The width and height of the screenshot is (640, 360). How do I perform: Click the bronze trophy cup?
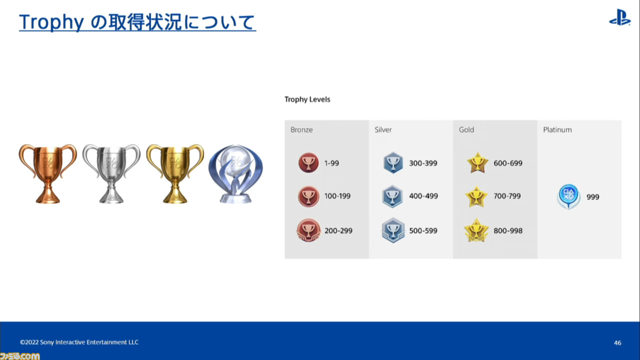(47, 173)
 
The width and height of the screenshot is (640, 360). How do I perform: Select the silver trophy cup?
(111, 173)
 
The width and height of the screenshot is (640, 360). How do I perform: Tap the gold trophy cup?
(175, 173)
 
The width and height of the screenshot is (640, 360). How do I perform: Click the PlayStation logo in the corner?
(620, 17)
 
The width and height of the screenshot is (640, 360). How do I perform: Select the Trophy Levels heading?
(307, 99)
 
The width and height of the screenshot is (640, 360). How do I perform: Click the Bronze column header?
(301, 129)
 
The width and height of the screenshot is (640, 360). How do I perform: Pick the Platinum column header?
(557, 129)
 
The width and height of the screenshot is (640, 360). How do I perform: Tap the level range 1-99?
(331, 163)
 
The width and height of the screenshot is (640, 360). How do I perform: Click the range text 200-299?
(338, 230)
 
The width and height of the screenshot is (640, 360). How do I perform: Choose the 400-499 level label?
(423, 196)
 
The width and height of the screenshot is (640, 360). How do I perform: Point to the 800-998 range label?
(508, 230)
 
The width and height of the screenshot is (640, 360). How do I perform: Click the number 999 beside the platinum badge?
(593, 197)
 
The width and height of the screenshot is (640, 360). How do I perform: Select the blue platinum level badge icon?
(568, 196)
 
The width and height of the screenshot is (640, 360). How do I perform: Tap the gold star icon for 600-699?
(477, 163)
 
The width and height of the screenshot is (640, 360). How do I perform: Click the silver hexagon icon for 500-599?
(393, 230)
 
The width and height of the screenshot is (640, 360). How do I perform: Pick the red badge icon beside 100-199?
(308, 196)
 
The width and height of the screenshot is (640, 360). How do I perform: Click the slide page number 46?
(617, 342)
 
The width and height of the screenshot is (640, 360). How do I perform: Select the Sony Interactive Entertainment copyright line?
(79, 342)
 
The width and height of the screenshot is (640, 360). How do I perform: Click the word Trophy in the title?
(51, 22)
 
